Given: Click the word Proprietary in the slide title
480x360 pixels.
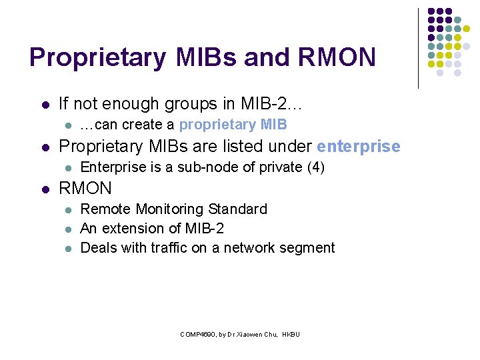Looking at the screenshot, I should point(97,58).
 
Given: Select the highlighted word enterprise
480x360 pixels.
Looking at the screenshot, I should point(359,147).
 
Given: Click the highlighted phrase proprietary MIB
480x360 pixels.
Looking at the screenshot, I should point(233,125).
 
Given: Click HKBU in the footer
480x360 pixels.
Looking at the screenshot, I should point(291,334).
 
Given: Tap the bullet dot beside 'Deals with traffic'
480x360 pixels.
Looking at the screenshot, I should point(67,249).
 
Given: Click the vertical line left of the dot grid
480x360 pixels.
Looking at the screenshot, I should point(418,48).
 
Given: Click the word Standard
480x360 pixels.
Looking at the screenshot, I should point(241,209).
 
